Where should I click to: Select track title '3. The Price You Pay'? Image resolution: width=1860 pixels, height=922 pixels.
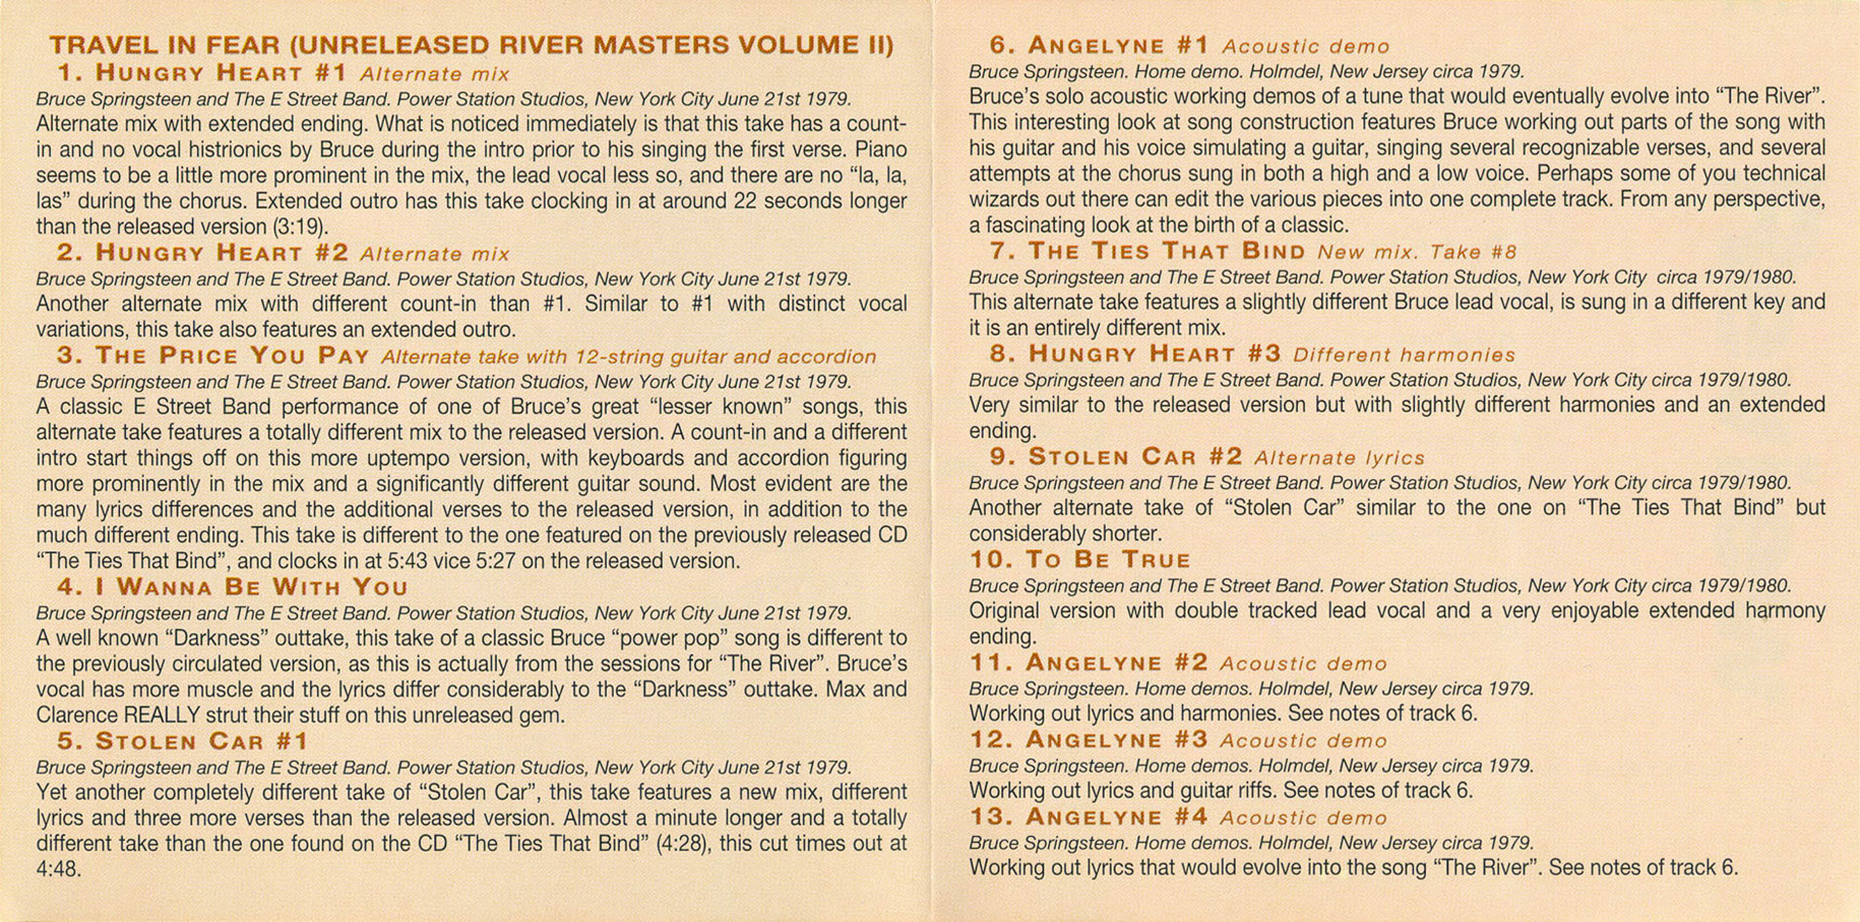(213, 356)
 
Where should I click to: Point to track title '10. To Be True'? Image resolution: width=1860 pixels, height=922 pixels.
(1079, 560)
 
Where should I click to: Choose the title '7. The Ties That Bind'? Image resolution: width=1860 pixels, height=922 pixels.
(1148, 251)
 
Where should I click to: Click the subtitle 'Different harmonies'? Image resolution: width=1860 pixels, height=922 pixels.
(1404, 355)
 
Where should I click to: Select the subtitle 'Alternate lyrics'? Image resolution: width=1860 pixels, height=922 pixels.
(1340, 458)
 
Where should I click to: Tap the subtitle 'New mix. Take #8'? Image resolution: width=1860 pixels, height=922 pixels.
(1417, 252)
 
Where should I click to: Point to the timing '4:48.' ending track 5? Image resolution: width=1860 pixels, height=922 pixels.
(59, 869)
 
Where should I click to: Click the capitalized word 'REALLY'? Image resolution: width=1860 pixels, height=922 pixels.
(162, 715)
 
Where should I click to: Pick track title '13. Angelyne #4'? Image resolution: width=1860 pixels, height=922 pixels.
(1089, 817)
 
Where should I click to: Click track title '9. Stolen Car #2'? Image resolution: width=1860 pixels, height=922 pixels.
(1116, 457)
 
